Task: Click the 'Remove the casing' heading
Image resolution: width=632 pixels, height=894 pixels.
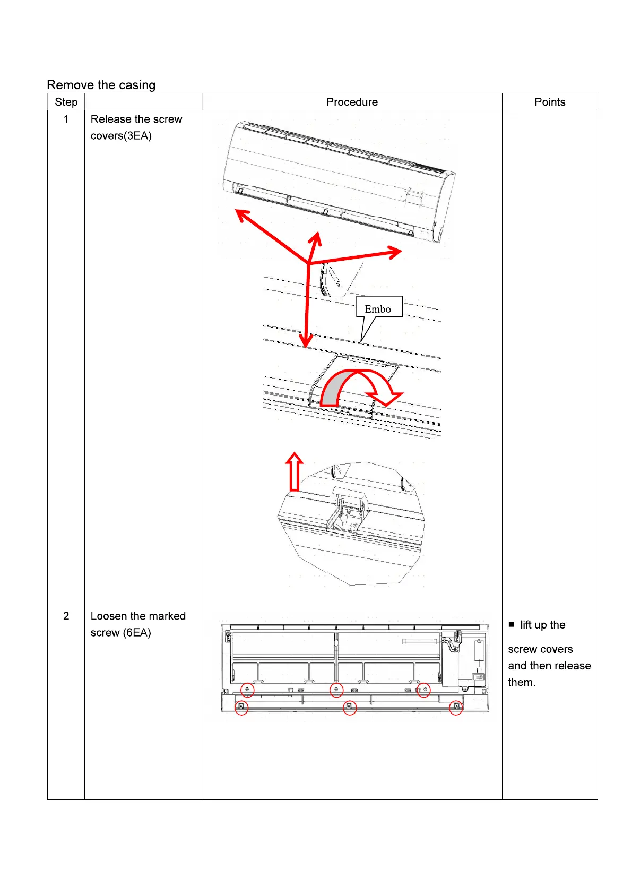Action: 101,85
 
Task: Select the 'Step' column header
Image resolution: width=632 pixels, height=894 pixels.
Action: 66,102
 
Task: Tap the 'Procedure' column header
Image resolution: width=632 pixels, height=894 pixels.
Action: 352,102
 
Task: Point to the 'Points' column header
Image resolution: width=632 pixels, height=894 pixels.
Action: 550,102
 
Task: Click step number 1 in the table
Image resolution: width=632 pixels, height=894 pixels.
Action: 66,119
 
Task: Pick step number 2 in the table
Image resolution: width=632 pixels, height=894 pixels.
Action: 66,616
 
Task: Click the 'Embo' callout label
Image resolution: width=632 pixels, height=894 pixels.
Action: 378,309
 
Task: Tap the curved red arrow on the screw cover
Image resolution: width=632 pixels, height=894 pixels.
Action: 361,388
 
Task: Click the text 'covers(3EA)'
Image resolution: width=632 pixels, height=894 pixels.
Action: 121,136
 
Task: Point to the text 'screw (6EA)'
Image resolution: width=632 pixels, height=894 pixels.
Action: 120,633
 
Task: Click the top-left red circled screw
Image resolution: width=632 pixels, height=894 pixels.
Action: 247,690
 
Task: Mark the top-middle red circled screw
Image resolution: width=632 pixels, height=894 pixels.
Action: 336,690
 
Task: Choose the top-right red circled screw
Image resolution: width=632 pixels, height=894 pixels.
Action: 424,690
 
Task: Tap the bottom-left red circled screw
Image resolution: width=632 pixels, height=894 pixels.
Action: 241,707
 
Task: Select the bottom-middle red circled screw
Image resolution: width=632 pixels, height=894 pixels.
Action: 349,707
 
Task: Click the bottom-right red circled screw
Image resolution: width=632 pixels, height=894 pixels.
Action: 456,707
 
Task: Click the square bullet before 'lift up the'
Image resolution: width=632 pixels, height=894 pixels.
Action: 512,624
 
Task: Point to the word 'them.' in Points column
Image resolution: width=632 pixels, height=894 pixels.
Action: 522,683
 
